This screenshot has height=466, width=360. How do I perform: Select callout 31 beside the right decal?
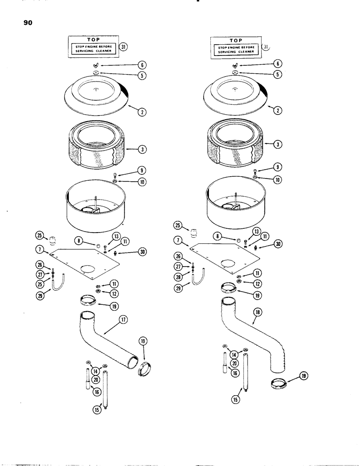[x=266, y=47]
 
